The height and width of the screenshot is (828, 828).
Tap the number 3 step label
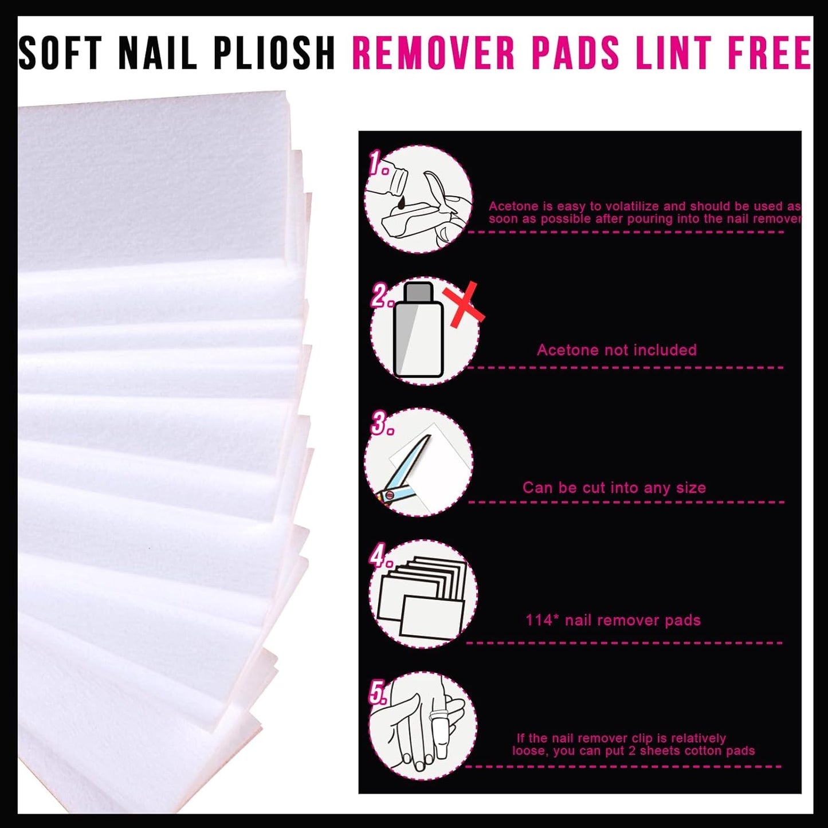[382, 424]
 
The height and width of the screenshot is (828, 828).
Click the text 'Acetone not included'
[617, 350]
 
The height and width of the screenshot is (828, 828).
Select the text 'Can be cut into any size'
[614, 488]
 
